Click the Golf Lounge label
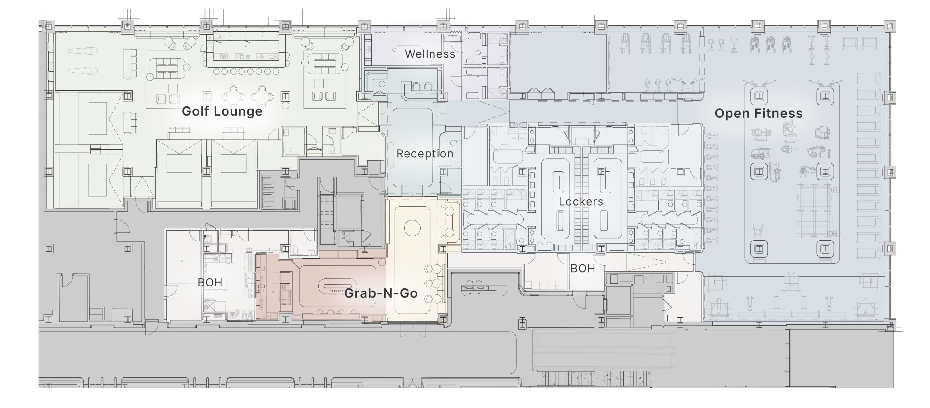(222, 111)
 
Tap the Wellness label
(430, 54)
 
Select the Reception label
(425, 154)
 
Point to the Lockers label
(581, 202)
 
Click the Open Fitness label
(759, 114)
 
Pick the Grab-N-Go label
(381, 293)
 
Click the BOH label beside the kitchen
(210, 282)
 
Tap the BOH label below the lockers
(583, 269)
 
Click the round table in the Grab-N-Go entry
(412, 228)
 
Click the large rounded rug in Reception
(412, 148)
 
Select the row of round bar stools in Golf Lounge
(246, 71)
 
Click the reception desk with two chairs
(421, 90)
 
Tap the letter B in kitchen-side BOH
(201, 282)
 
